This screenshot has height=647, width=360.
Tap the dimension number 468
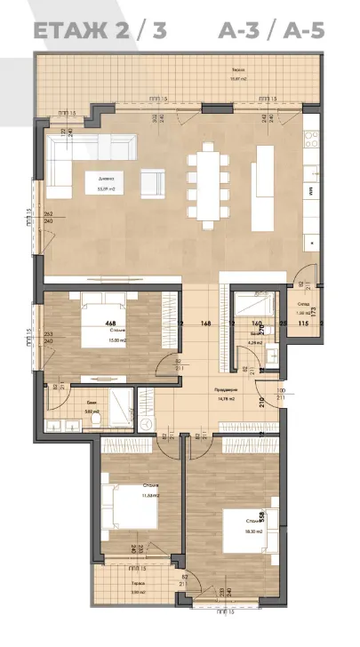click(110, 323)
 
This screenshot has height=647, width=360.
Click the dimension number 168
click(206, 323)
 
